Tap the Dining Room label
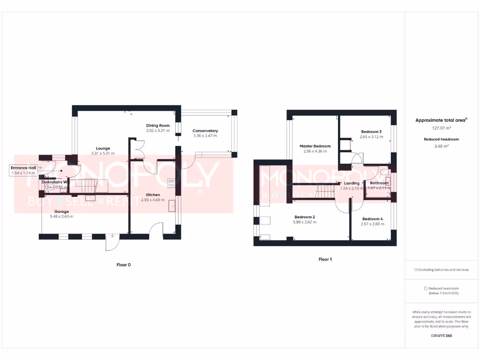click(158, 126)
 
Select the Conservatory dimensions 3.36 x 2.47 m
click(205, 136)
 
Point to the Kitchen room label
click(153, 195)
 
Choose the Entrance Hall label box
click(23, 170)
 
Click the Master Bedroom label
click(315, 146)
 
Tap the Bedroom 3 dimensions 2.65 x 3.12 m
click(371, 137)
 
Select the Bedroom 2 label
click(305, 217)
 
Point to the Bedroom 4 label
click(373, 219)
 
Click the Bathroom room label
click(379, 183)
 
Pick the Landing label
click(352, 183)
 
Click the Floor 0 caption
click(124, 265)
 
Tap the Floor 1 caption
click(325, 259)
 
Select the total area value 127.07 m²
click(441, 127)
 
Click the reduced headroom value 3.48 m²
click(441, 146)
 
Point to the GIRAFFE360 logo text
click(441, 336)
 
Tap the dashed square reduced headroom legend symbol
click(426, 288)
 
